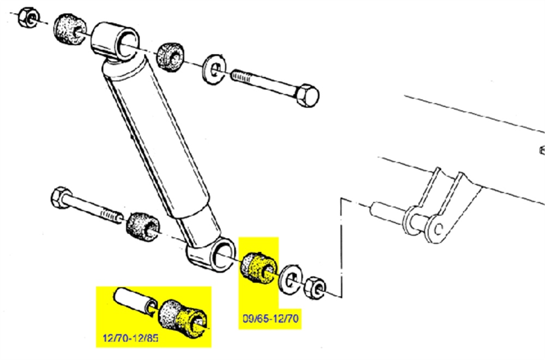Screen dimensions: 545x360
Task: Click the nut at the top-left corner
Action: click(28, 17)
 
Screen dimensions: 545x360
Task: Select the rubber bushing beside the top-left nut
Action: click(70, 29)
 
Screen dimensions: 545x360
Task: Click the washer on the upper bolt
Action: click(214, 69)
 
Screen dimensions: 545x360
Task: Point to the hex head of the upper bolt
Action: click(307, 95)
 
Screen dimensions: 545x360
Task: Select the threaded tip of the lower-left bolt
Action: click(112, 216)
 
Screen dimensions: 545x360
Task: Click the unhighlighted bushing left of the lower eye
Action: click(142, 226)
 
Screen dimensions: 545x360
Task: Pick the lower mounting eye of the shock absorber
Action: click(211, 254)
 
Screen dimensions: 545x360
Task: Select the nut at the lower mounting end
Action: click(316, 288)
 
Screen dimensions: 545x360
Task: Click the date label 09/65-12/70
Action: click(270, 318)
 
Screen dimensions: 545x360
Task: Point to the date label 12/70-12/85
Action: click(131, 338)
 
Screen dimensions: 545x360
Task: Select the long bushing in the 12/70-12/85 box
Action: click(183, 318)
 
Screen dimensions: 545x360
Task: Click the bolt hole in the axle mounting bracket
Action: click(439, 229)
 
